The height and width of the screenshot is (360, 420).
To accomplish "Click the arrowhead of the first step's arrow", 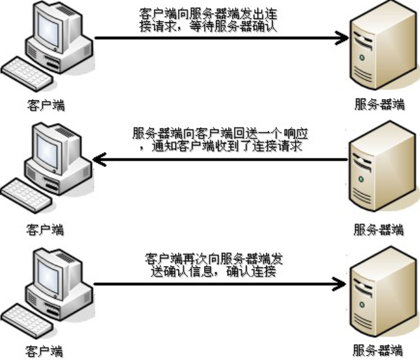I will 344,38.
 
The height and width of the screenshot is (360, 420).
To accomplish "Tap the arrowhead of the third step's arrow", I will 344,283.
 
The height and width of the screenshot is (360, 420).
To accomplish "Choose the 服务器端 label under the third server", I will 377,350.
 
